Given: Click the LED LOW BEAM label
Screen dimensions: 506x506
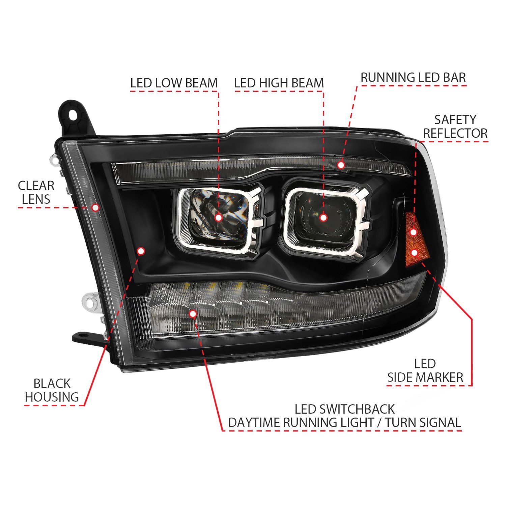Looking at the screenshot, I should tap(174, 83).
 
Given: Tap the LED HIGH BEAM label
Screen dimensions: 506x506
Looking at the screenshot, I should tap(279, 83).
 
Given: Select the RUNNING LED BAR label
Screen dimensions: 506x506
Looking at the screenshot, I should tap(413, 78).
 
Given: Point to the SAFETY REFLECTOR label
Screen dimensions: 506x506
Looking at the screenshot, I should tap(455, 126).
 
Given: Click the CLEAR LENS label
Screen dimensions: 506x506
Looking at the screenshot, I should tap(36, 192).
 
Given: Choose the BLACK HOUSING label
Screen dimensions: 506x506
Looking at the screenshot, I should tap(52, 390).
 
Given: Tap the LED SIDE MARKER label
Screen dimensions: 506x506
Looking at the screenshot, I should tap(425, 370).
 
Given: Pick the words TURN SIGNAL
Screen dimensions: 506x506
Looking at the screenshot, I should tap(423, 422).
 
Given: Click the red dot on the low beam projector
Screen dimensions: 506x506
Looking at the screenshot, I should tap(218, 218).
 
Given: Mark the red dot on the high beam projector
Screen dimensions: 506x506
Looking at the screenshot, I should tap(324, 218).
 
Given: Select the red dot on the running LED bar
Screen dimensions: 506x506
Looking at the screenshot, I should tap(341, 165).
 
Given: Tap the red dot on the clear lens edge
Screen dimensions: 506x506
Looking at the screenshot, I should tap(95, 207).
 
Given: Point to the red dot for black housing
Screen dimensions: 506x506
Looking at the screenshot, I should tap(141, 251).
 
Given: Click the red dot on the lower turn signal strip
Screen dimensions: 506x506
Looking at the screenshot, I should tap(193, 314).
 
